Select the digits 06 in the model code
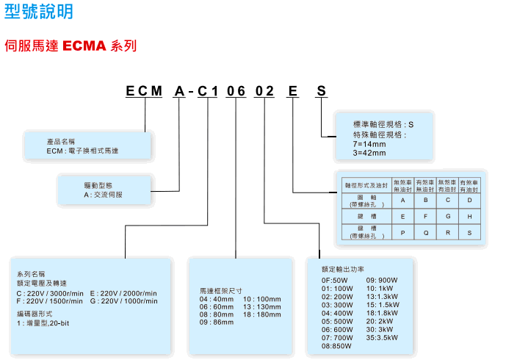236,92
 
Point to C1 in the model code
209,92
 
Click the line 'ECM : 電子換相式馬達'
82,151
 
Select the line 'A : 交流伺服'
104,195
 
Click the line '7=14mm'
369,144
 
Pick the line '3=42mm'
369,154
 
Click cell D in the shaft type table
469,200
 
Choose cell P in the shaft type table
402,233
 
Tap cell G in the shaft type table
447,217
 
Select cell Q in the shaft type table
425,233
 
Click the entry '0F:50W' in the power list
334,280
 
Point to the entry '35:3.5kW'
382,337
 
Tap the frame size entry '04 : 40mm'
217,300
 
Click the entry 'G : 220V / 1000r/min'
124,301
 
